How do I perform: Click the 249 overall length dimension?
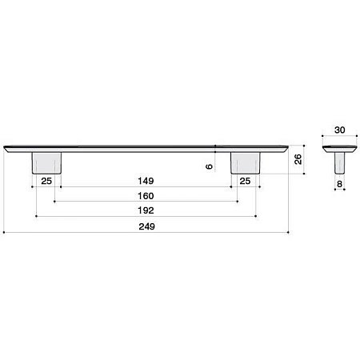(146, 226)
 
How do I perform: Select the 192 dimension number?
(146, 210)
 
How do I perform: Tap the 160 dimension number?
(146, 196)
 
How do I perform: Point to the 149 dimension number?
(146, 181)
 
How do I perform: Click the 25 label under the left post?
(46, 181)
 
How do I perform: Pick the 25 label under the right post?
(245, 181)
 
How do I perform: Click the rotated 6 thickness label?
(210, 166)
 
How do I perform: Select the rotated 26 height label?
(298, 159)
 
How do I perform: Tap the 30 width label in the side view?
(340, 130)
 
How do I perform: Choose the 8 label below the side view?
(339, 184)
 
